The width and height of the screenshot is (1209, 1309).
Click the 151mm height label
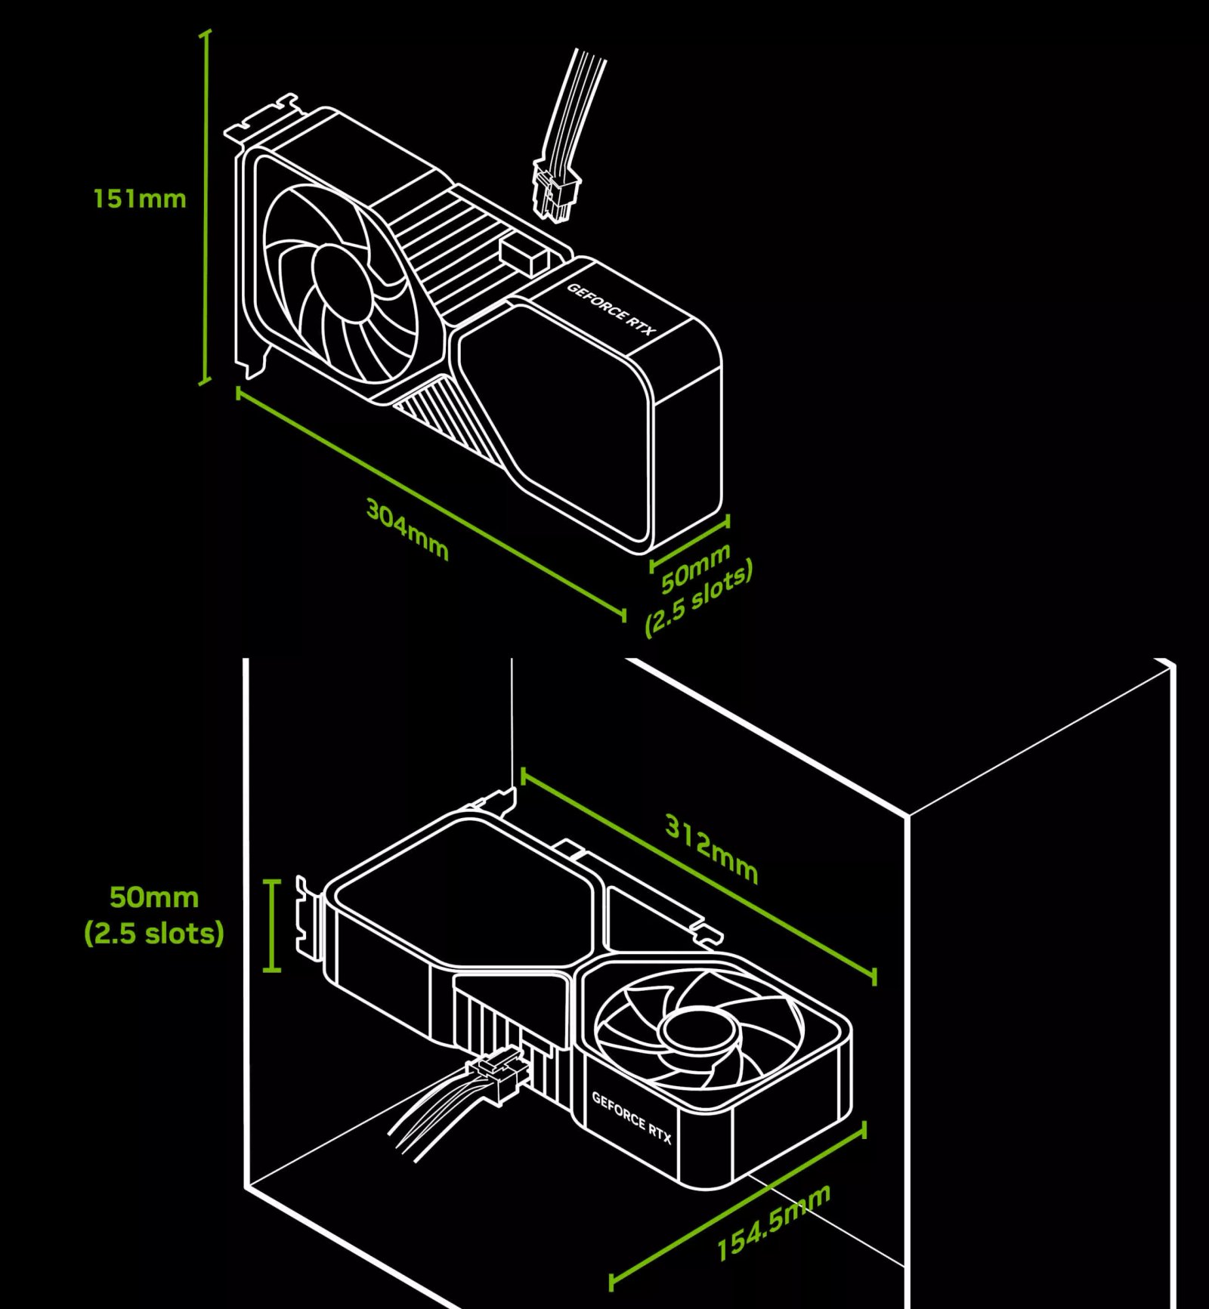point(139,199)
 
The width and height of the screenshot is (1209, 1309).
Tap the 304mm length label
point(407,529)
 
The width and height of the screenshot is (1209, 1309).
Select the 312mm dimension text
point(711,848)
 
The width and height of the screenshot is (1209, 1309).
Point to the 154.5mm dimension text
point(773,1223)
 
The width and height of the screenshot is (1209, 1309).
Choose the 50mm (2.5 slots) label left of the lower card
point(154,915)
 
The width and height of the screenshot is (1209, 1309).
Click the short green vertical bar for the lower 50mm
point(273,925)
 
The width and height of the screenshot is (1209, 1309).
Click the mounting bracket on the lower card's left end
point(308,918)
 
